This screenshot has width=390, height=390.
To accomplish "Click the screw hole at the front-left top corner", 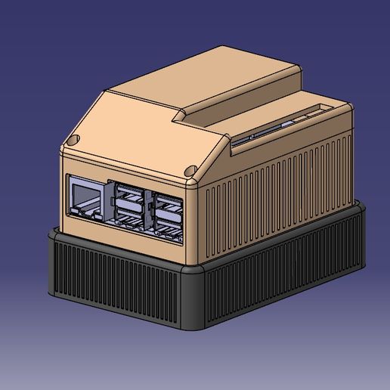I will click(73, 141).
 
